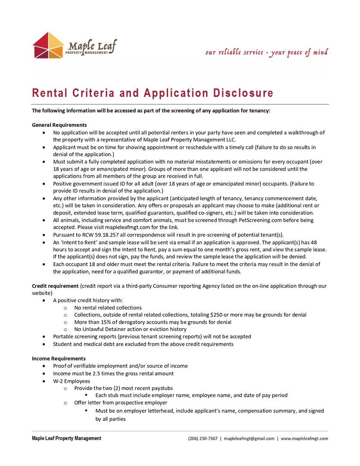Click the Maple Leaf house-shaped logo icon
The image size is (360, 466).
point(48,45)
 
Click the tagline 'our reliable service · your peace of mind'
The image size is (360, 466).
point(266,53)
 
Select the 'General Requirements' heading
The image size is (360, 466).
point(59,125)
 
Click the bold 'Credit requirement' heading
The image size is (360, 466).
point(55,286)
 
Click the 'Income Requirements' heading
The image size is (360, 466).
point(59,359)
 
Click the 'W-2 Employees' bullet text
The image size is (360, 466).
point(72,381)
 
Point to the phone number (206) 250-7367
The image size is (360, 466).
point(203,438)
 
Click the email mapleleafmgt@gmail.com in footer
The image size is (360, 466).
point(249,438)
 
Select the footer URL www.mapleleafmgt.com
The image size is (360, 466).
point(304,438)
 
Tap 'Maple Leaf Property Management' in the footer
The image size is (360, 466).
point(66,438)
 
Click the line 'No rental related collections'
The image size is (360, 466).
point(108,308)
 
